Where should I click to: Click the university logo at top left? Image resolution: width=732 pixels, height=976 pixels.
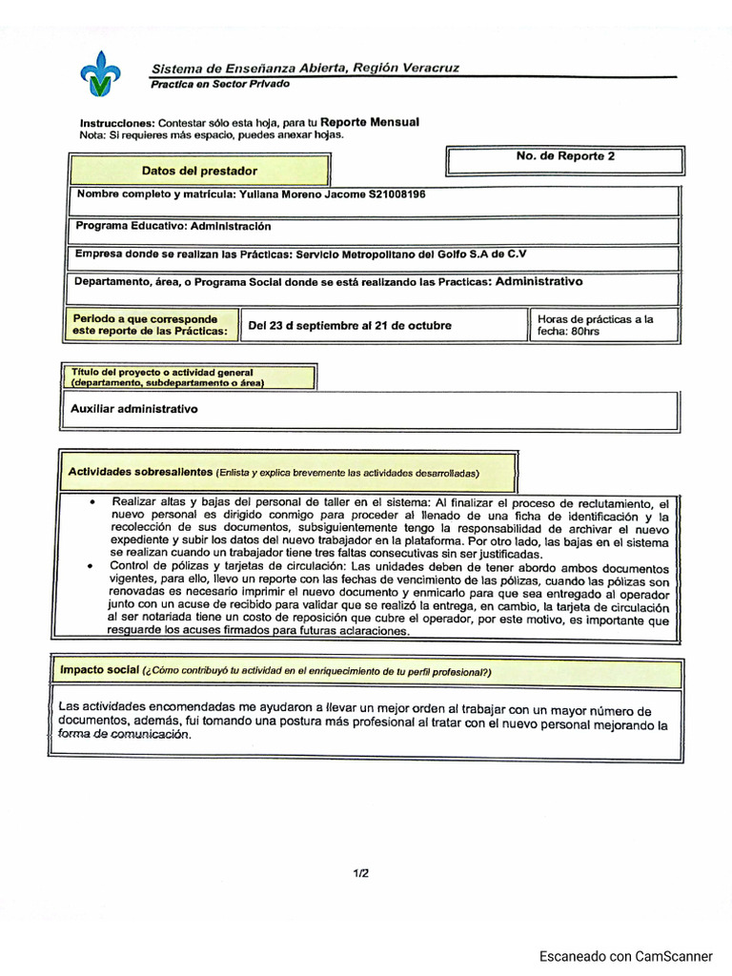(100, 71)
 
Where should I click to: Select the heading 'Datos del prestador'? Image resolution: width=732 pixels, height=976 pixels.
(199, 171)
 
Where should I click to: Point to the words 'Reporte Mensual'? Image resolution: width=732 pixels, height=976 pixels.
(370, 122)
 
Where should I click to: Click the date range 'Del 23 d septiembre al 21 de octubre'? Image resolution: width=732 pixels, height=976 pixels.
(350, 325)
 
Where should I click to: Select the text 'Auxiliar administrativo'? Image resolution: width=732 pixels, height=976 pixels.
(134, 408)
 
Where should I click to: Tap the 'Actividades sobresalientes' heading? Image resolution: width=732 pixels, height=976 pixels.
(140, 472)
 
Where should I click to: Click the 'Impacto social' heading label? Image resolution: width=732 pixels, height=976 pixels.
(100, 670)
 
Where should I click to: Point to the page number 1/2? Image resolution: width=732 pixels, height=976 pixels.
(360, 872)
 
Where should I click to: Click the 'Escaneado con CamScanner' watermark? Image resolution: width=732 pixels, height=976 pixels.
(626, 956)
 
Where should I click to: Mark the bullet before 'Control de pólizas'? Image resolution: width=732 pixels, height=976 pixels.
(90, 566)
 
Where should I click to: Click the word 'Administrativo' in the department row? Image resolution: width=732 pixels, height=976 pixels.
(539, 282)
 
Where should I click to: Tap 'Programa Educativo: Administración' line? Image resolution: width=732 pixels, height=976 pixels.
(173, 227)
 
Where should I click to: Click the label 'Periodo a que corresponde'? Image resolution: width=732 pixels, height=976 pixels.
(145, 318)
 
